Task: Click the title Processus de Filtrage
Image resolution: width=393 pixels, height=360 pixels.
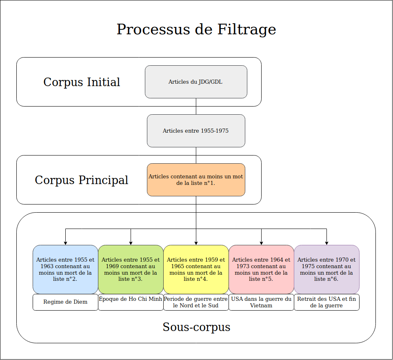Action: [x=196, y=30]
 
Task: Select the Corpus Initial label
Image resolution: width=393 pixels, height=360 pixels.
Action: [x=82, y=82]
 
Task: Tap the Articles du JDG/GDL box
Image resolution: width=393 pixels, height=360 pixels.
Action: [x=196, y=82]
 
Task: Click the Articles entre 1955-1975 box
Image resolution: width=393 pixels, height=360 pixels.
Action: [x=196, y=131]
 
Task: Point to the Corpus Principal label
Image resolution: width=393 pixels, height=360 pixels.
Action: [x=82, y=180]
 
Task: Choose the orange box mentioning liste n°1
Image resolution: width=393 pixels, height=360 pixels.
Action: [x=196, y=180]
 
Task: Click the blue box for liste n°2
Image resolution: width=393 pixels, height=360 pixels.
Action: [x=65, y=269]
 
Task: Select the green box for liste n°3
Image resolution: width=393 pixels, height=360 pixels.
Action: [x=131, y=269]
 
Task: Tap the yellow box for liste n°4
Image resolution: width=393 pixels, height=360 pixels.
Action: [x=196, y=269]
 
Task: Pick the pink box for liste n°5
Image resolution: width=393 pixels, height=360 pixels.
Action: [x=261, y=269]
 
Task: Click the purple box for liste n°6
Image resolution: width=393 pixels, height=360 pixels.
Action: [x=326, y=269]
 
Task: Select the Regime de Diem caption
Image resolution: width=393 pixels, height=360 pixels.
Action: [x=65, y=302]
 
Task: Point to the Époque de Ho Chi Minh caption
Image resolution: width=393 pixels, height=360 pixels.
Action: [x=131, y=299]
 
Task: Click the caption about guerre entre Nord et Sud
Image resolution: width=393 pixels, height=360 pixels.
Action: [x=196, y=302]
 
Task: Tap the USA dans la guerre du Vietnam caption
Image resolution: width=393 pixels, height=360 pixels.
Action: [x=261, y=302]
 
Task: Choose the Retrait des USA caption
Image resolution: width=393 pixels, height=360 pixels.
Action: [x=326, y=302]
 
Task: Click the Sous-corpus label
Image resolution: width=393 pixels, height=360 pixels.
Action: [x=196, y=327]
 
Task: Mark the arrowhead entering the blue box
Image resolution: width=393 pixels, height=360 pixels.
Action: [x=65, y=243]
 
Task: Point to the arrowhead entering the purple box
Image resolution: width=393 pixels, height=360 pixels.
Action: [x=326, y=243]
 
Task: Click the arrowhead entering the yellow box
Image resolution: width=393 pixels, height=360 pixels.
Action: [x=196, y=243]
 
